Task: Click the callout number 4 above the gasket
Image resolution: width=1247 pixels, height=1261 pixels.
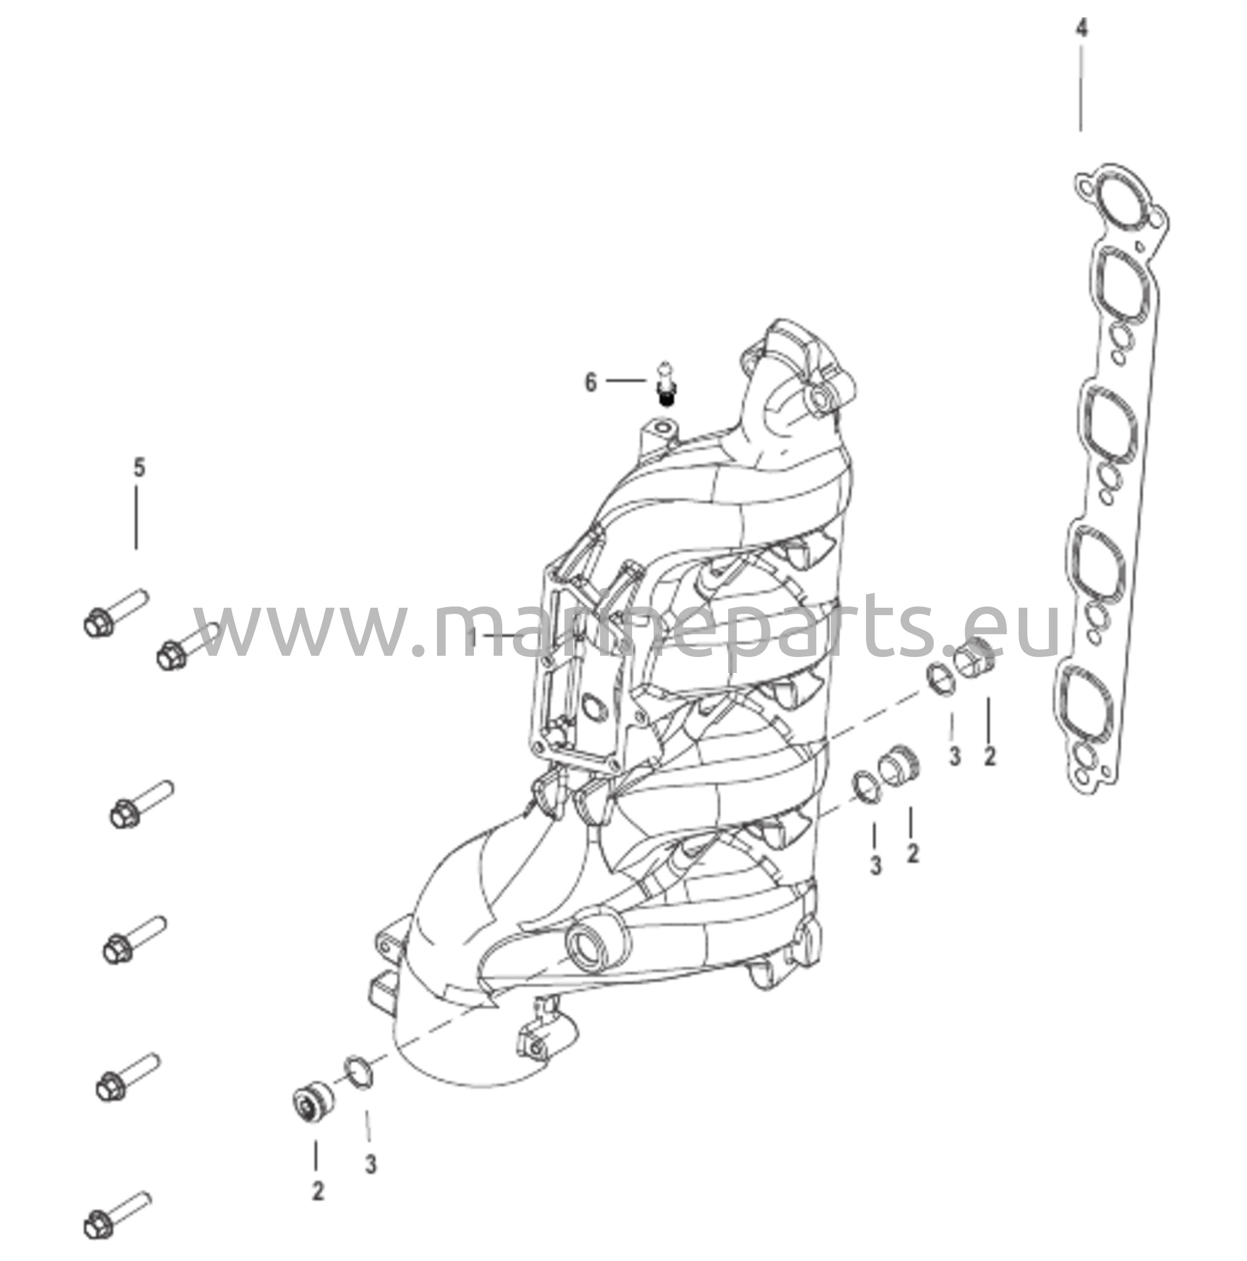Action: [1081, 30]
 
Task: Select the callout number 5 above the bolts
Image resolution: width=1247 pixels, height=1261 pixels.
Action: [139, 467]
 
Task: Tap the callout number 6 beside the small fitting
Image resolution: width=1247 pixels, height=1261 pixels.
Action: [590, 382]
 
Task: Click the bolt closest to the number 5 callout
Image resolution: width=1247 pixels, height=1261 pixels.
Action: [116, 611]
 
